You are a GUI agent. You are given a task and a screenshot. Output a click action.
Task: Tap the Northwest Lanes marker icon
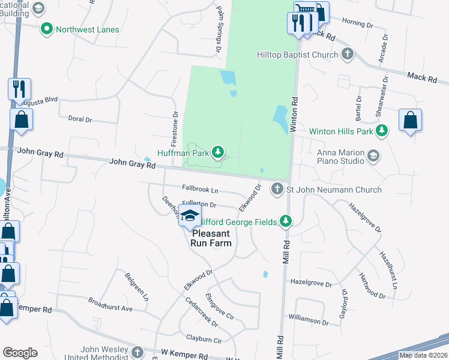click(46, 29)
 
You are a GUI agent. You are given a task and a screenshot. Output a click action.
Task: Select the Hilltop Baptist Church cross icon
click(347, 55)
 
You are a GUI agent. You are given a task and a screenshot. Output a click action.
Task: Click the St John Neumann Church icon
click(277, 189)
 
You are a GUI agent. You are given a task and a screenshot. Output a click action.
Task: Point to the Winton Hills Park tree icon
click(382, 130)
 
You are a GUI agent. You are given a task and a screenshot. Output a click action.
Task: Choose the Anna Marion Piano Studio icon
click(373, 156)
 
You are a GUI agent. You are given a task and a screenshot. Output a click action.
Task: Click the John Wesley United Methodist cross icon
click(137, 352)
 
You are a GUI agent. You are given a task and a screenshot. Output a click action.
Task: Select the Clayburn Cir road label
click(204, 340)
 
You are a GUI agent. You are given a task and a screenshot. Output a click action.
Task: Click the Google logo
click(19, 352)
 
